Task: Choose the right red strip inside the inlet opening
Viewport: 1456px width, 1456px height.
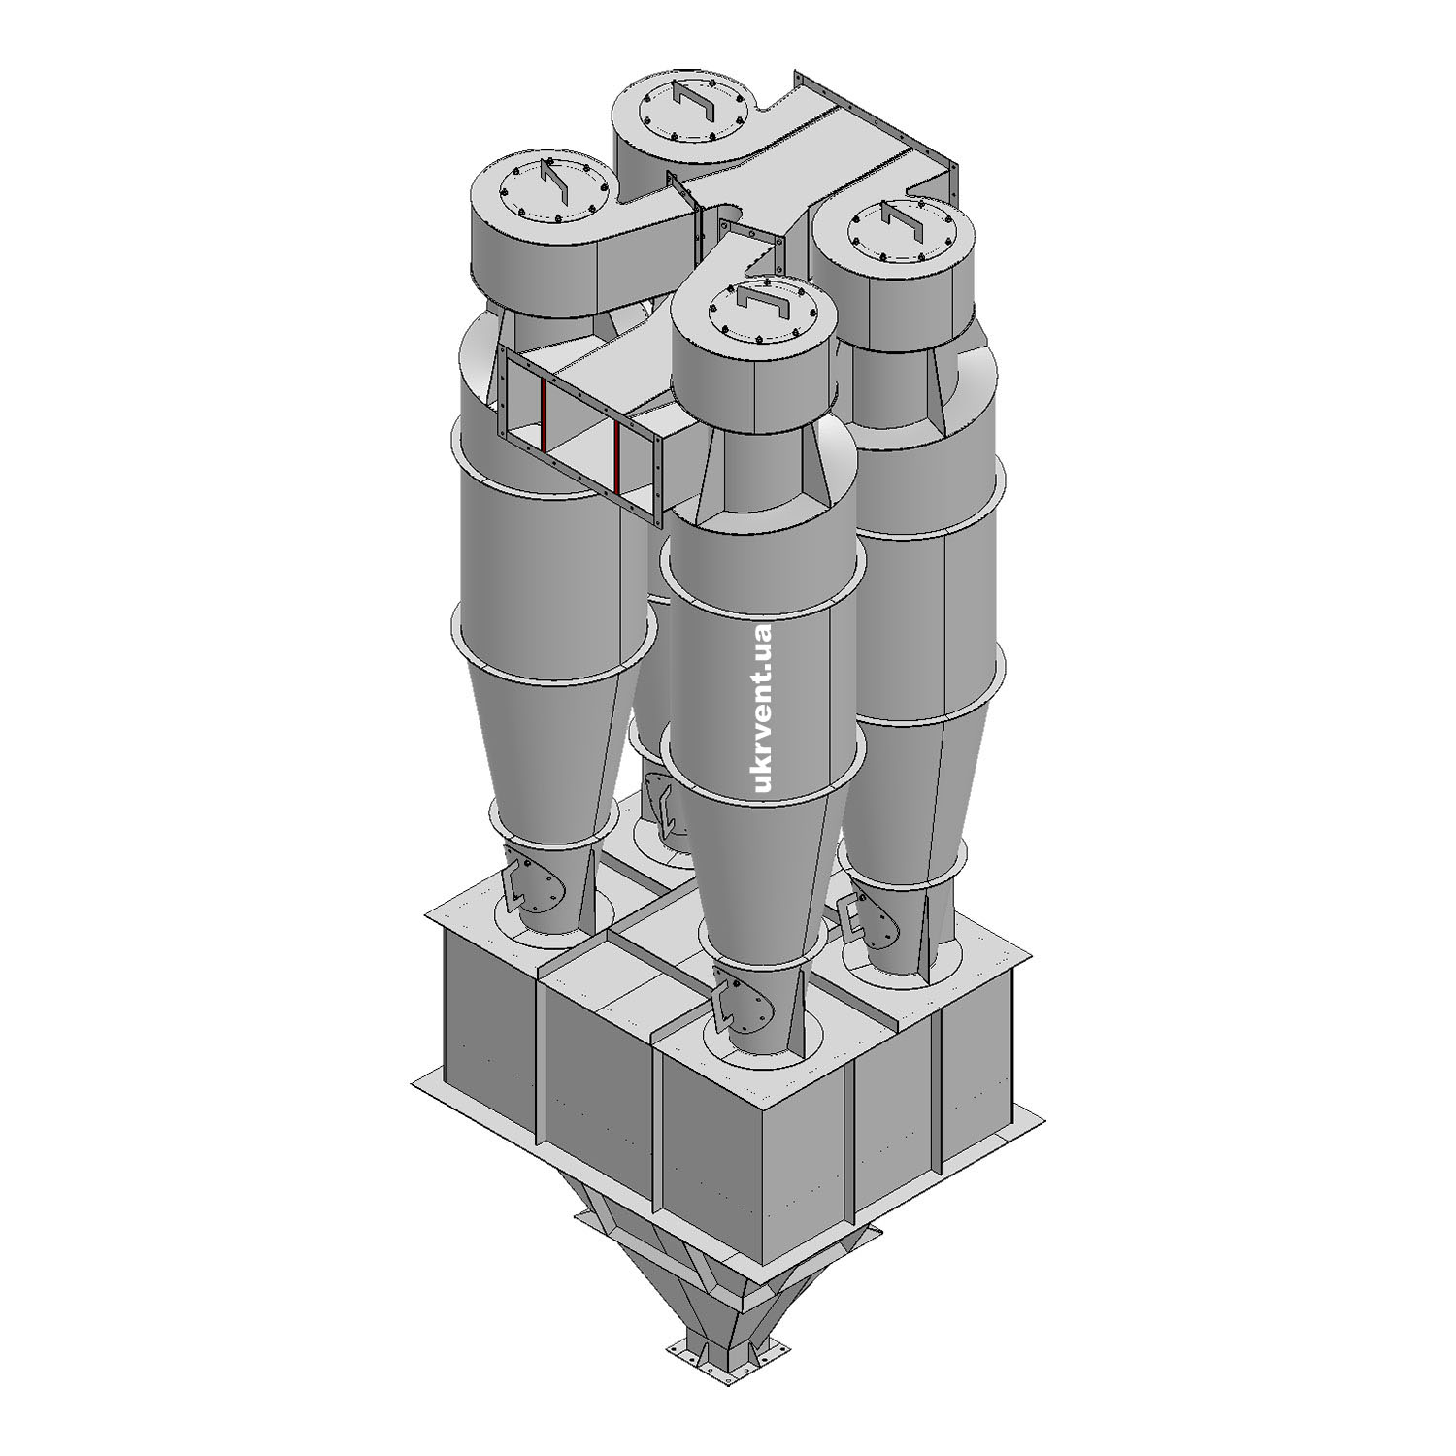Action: coord(618,454)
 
